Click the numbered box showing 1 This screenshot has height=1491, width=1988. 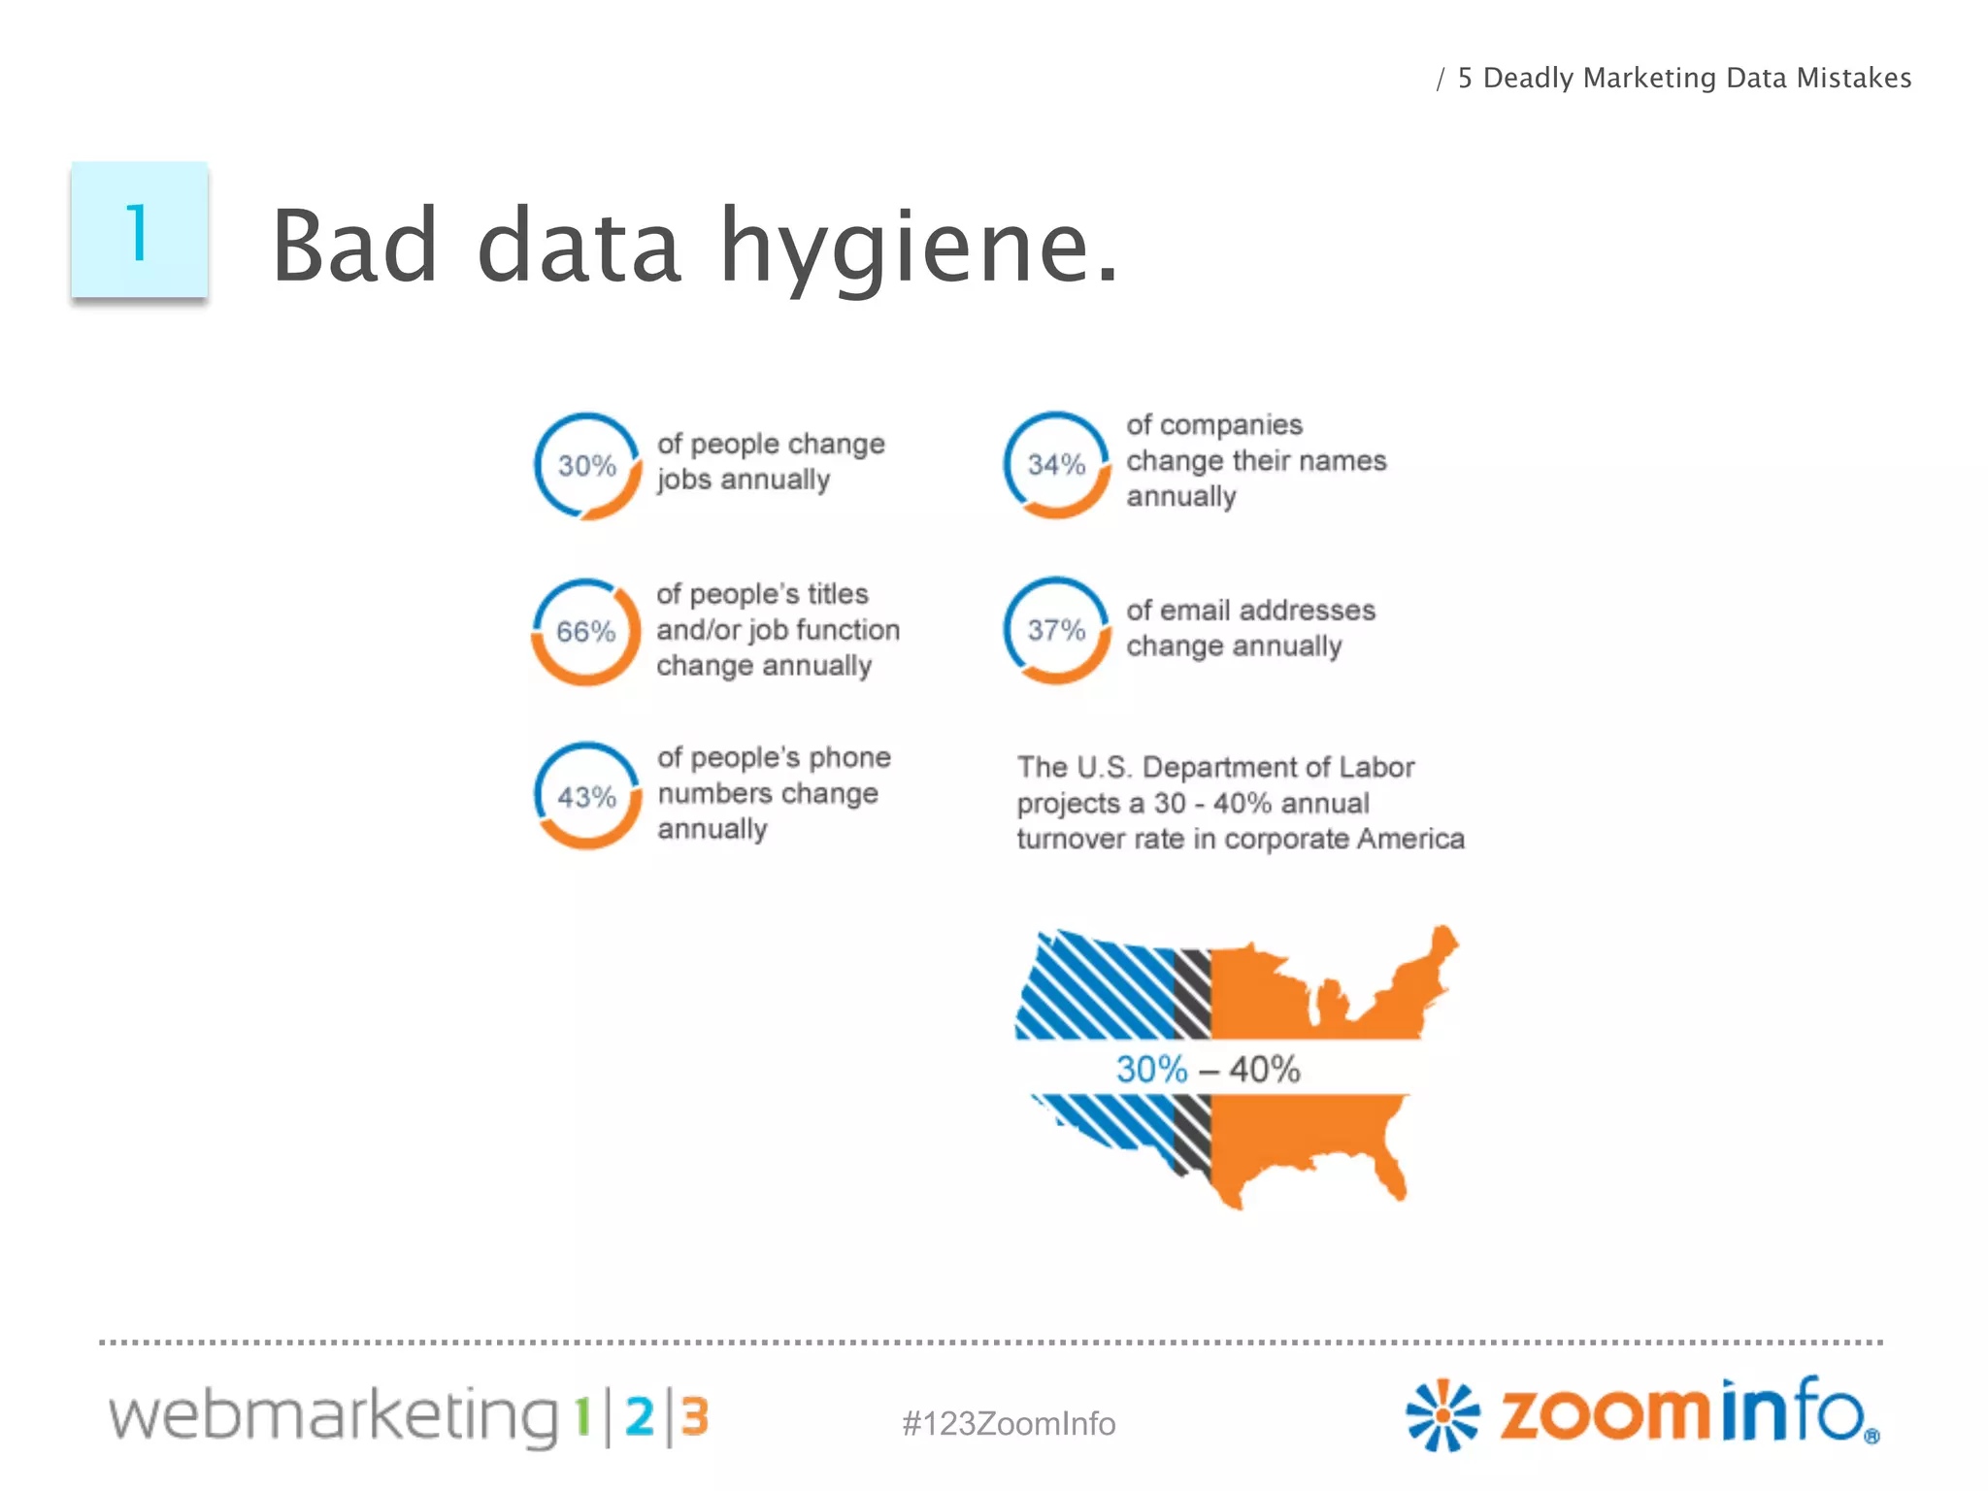click(x=139, y=231)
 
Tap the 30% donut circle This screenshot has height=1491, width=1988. click(x=587, y=466)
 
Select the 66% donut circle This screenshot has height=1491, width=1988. click(x=585, y=632)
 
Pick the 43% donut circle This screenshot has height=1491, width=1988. click(x=586, y=797)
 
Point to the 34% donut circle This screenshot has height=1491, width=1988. click(x=1056, y=465)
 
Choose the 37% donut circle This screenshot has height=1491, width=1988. click(x=1056, y=630)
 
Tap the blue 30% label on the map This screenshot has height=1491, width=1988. click(x=1151, y=1070)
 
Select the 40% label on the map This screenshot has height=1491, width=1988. click(x=1264, y=1070)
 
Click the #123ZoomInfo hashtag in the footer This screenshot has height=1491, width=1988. click(x=1009, y=1423)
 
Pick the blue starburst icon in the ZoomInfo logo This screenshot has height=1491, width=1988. click(x=1442, y=1414)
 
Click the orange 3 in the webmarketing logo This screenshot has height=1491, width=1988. click(x=694, y=1416)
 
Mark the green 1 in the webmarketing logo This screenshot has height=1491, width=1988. click(x=582, y=1416)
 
